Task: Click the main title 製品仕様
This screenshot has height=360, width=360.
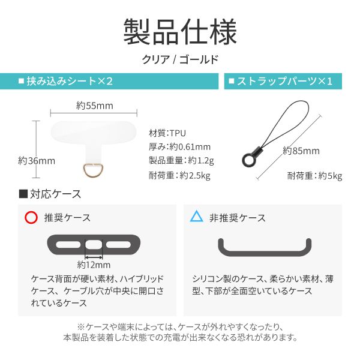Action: tap(180, 31)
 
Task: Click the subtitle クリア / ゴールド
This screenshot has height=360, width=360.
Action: tap(180, 59)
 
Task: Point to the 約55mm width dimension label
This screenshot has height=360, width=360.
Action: tap(95, 106)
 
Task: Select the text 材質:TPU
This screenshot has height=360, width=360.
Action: tap(167, 133)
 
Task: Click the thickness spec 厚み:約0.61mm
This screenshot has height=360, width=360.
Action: tap(179, 147)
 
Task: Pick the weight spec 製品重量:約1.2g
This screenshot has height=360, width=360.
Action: tap(181, 161)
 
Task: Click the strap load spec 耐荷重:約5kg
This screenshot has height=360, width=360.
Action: tap(314, 176)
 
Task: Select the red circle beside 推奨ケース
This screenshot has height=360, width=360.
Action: tap(31, 217)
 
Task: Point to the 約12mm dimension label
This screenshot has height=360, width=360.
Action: tap(94, 264)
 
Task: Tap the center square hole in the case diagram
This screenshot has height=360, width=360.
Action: tap(93, 244)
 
